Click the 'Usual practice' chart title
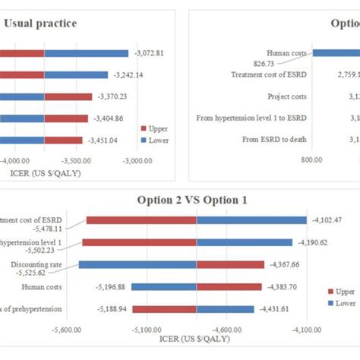pyautogui.click(x=40, y=24)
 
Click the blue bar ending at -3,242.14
pyautogui.click(x=87, y=75)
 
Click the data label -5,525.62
pyautogui.click(x=28, y=272)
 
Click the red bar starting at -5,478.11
pyautogui.click(x=141, y=220)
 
